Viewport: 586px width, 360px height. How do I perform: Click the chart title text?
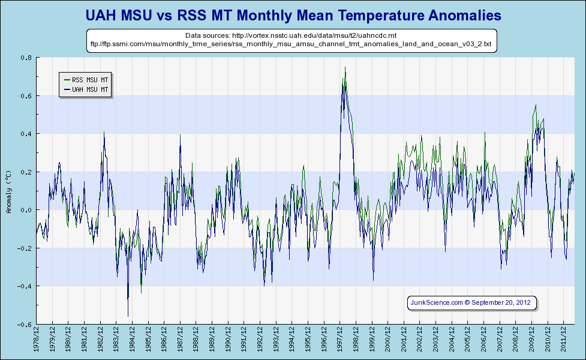(293, 14)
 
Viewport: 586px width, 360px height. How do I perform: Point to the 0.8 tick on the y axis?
(26, 58)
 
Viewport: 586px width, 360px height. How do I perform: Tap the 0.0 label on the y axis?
(26, 210)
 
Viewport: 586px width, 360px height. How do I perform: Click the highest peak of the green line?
(345, 67)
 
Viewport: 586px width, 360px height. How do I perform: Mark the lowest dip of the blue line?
(128, 316)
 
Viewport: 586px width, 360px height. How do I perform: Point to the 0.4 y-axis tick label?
(26, 134)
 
